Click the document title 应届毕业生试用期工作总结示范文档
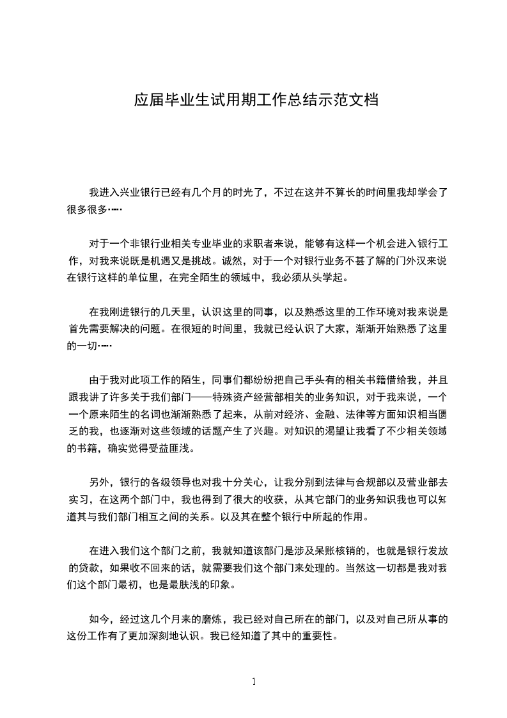point(256,100)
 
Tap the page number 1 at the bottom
point(254,682)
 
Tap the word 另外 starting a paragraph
point(98,482)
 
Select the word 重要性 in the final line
point(318,637)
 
